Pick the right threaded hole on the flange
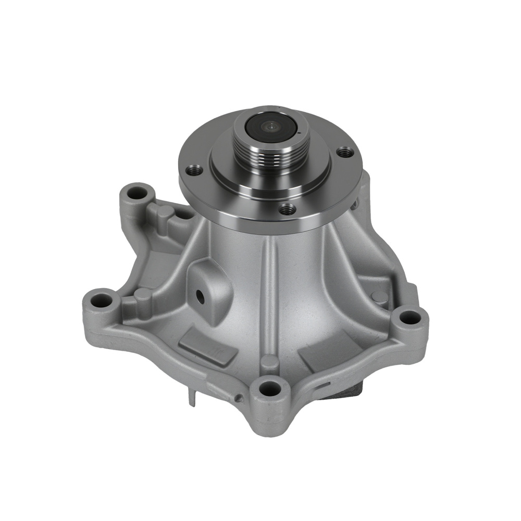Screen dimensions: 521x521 (343, 152)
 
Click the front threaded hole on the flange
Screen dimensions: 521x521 (286, 209)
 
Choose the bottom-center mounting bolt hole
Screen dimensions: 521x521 (268, 387)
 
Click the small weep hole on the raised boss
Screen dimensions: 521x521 (200, 296)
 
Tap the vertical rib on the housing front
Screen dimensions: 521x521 (270, 292)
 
